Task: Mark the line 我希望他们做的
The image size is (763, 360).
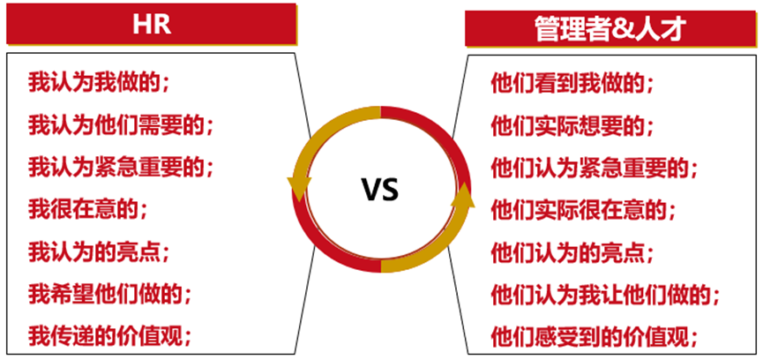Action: point(110,293)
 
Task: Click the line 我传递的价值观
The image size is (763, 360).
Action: point(110,334)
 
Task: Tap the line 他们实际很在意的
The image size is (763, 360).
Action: point(583,209)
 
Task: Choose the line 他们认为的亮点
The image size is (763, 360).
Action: point(572,251)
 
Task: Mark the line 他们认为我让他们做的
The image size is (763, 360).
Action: point(605,293)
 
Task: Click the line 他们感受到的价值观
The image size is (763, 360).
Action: point(595,334)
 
